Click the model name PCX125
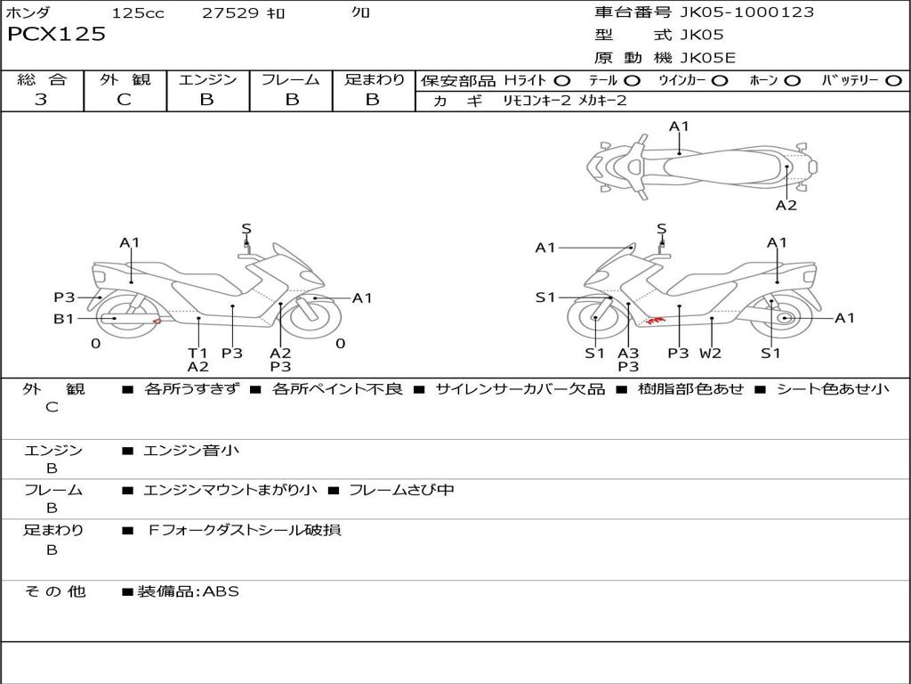pyautogui.click(x=56, y=35)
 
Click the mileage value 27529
pyautogui.click(x=230, y=13)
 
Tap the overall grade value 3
pyautogui.click(x=41, y=100)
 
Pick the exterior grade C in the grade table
pyautogui.click(x=125, y=100)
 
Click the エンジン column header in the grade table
pyautogui.click(x=207, y=79)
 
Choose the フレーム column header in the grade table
pyautogui.click(x=291, y=79)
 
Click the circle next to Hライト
pyautogui.click(x=562, y=81)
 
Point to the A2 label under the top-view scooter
pyautogui.click(x=786, y=206)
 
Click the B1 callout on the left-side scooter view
pyautogui.click(x=63, y=319)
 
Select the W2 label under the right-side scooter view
pyautogui.click(x=710, y=353)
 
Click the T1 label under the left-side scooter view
pyautogui.click(x=198, y=353)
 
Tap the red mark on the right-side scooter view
pyautogui.click(x=656, y=319)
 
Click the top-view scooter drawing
pyautogui.click(x=701, y=166)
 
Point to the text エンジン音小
pyautogui.click(x=191, y=451)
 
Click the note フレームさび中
pyautogui.click(x=401, y=490)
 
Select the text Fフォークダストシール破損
pyautogui.click(x=244, y=530)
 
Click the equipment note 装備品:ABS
pyautogui.click(x=188, y=591)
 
